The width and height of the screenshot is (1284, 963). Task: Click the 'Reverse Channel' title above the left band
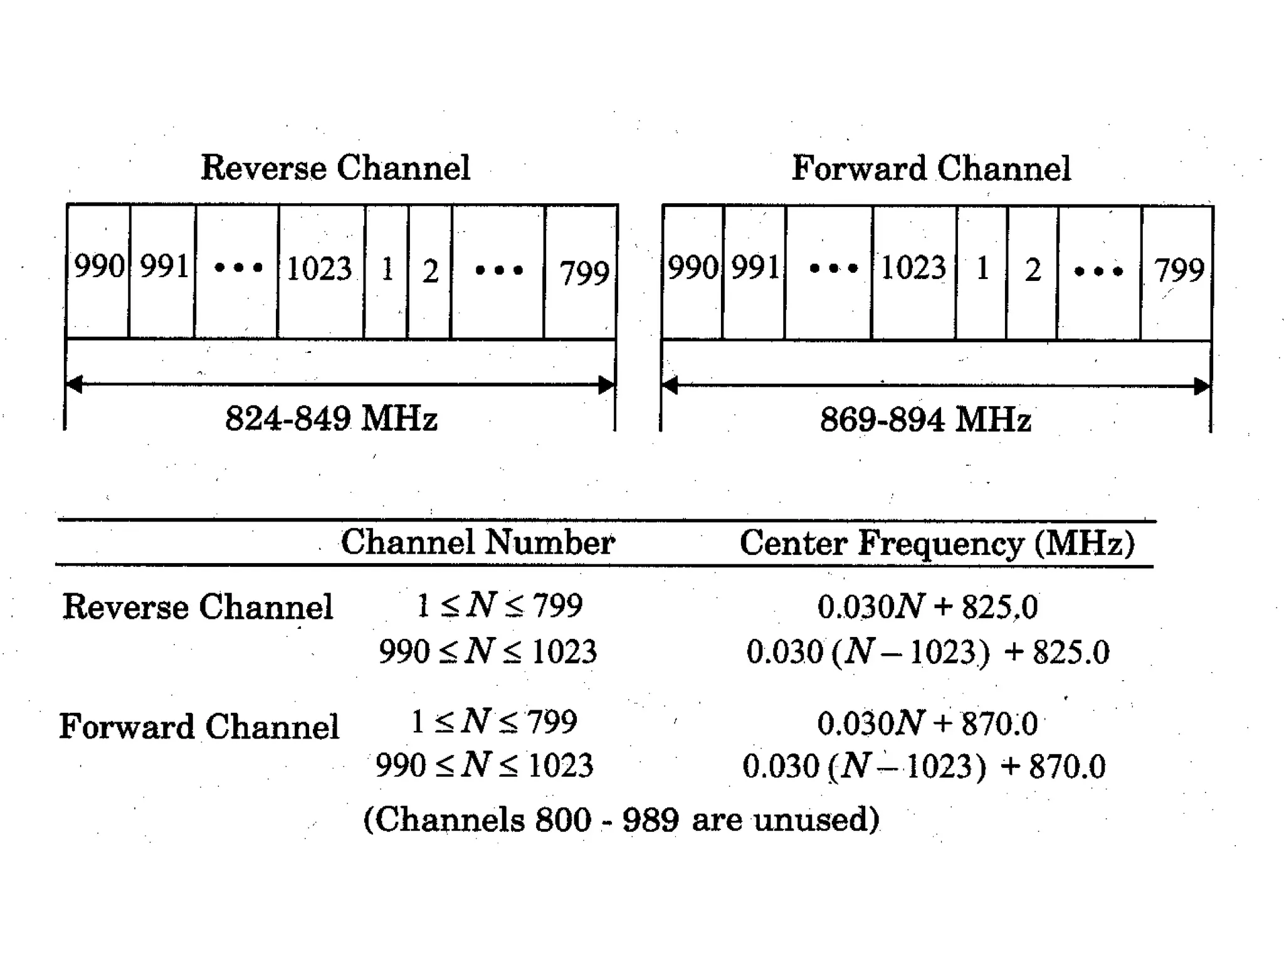point(335,168)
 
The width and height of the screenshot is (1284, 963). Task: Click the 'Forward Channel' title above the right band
point(931,168)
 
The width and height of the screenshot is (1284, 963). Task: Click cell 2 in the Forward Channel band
point(1033,270)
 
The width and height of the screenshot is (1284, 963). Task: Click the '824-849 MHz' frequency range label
point(331,418)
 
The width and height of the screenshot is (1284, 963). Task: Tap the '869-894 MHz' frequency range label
point(925,419)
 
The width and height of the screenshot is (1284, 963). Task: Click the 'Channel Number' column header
point(478,542)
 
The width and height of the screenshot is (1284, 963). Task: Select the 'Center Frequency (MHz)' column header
point(937,544)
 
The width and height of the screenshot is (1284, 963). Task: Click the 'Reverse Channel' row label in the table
point(197,607)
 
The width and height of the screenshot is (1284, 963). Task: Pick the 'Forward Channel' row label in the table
point(199,727)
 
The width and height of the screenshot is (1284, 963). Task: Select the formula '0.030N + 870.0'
point(927,724)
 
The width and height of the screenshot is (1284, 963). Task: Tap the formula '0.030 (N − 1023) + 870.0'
point(924,766)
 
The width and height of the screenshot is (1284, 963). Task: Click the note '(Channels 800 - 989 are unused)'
point(621,819)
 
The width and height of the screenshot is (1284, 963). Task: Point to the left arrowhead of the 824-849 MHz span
point(75,384)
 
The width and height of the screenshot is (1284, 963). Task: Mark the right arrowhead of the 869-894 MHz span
point(1201,386)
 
